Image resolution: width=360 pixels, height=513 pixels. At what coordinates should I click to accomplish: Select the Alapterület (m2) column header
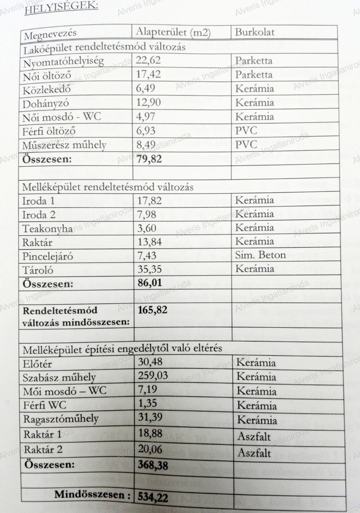point(173,32)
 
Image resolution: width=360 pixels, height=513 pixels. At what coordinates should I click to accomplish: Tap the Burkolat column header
point(255,32)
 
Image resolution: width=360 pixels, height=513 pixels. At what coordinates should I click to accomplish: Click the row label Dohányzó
point(46,103)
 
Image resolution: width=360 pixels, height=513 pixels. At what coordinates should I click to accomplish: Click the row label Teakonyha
point(47,229)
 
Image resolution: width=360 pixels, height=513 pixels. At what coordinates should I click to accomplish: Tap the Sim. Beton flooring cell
point(261,255)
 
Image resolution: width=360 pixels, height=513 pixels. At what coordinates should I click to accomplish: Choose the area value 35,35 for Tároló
point(150,269)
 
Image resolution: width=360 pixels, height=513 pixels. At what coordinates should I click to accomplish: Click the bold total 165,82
point(153,309)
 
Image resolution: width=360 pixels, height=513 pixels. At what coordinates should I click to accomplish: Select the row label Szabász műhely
point(59,378)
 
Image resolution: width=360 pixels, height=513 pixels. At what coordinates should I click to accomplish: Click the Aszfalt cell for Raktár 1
point(254,436)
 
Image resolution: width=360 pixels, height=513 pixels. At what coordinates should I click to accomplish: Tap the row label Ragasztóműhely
point(61,419)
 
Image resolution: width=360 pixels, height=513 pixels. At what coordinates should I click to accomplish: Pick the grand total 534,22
point(153,497)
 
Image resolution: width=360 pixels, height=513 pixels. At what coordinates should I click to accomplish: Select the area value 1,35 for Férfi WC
point(148,403)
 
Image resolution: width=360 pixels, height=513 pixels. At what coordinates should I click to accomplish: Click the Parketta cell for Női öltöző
point(254,75)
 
